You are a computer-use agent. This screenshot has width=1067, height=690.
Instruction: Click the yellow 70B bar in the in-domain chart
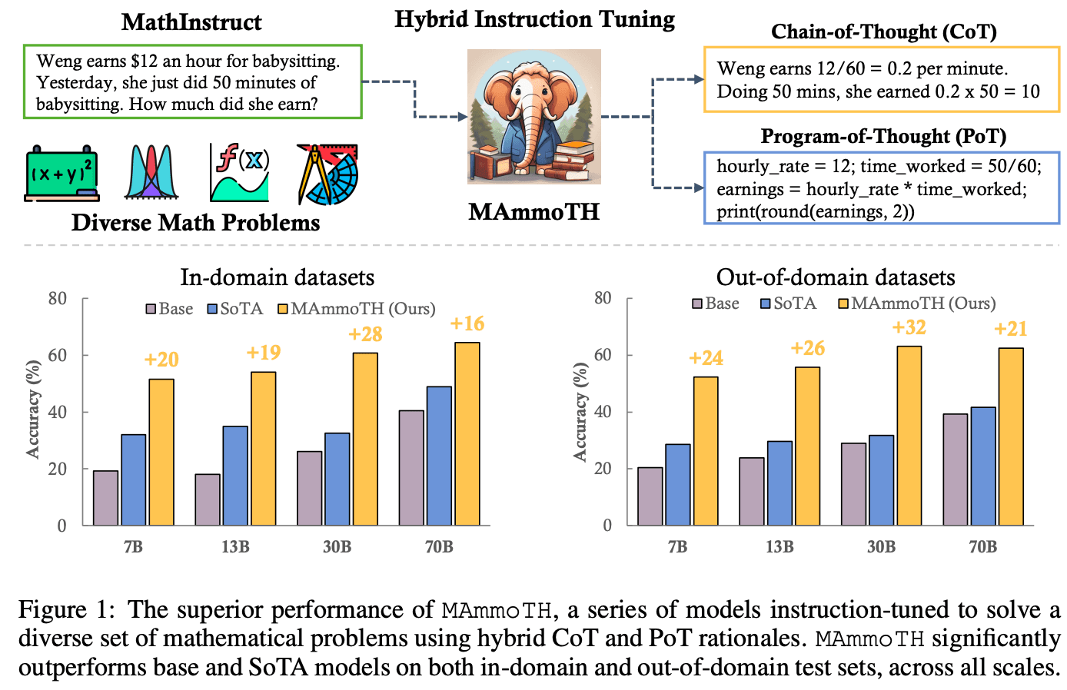click(x=467, y=434)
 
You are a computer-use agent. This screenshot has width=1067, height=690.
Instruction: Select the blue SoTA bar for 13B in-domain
click(x=235, y=476)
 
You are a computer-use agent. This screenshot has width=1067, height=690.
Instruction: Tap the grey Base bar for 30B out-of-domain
click(x=853, y=484)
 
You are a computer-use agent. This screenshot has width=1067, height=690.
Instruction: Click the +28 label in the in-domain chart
click(x=365, y=334)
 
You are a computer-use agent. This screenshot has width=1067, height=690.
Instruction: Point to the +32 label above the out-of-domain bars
click(x=909, y=327)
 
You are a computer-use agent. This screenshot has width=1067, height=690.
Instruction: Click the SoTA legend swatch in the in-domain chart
click(x=212, y=309)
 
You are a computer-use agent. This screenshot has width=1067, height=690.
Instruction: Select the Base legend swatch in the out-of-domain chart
click(x=697, y=304)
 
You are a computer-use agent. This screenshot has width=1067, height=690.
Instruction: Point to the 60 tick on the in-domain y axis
click(x=57, y=355)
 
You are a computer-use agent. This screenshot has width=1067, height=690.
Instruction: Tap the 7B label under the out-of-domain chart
click(x=677, y=546)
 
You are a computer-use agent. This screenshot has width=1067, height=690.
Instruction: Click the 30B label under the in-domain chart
click(x=337, y=546)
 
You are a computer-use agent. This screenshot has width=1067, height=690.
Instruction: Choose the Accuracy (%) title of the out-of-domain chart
click(x=580, y=412)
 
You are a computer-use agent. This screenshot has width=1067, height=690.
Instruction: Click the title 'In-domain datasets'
click(x=278, y=277)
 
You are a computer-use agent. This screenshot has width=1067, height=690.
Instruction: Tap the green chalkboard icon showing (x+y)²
click(x=61, y=174)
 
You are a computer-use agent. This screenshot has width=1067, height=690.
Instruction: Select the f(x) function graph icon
click(x=240, y=172)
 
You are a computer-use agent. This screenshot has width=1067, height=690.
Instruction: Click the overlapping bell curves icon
click(x=151, y=172)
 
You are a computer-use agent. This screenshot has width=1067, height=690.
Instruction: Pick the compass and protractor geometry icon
click(x=327, y=174)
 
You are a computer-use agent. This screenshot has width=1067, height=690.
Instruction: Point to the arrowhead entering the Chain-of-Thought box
click(x=700, y=79)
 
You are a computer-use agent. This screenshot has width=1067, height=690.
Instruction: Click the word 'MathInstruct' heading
click(x=191, y=22)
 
